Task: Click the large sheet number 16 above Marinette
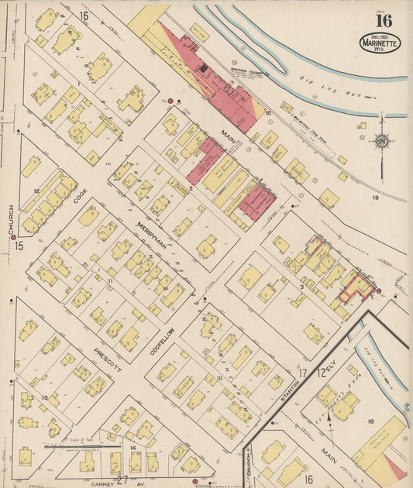(383, 20)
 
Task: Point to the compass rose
(380, 141)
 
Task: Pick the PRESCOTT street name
(108, 359)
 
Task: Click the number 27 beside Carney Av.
(122, 481)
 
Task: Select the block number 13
(45, 398)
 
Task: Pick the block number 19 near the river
(374, 198)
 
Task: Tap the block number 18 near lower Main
(370, 421)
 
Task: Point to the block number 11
(111, 280)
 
